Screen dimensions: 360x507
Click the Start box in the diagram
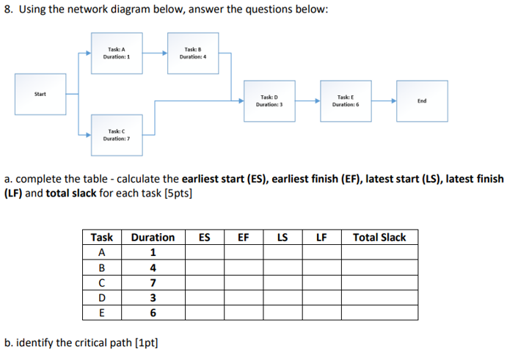pos(40,94)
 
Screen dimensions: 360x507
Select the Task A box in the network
pos(117,53)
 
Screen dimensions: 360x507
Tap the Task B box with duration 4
pos(193,53)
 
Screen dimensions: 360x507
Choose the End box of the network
pos(421,101)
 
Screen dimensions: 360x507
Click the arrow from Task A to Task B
pos(154,53)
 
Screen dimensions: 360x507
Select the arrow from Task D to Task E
pos(306,100)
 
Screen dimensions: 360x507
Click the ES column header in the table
pos(205,238)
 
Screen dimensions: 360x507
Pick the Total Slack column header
pos(379,238)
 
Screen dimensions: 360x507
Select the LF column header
pos(321,238)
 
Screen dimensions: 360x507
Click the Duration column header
pos(153,238)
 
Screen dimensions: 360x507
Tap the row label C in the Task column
pos(102,283)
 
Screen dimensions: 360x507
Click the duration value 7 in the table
pos(153,283)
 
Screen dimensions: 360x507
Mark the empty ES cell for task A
pos(205,253)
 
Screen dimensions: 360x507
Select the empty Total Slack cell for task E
pos(379,313)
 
